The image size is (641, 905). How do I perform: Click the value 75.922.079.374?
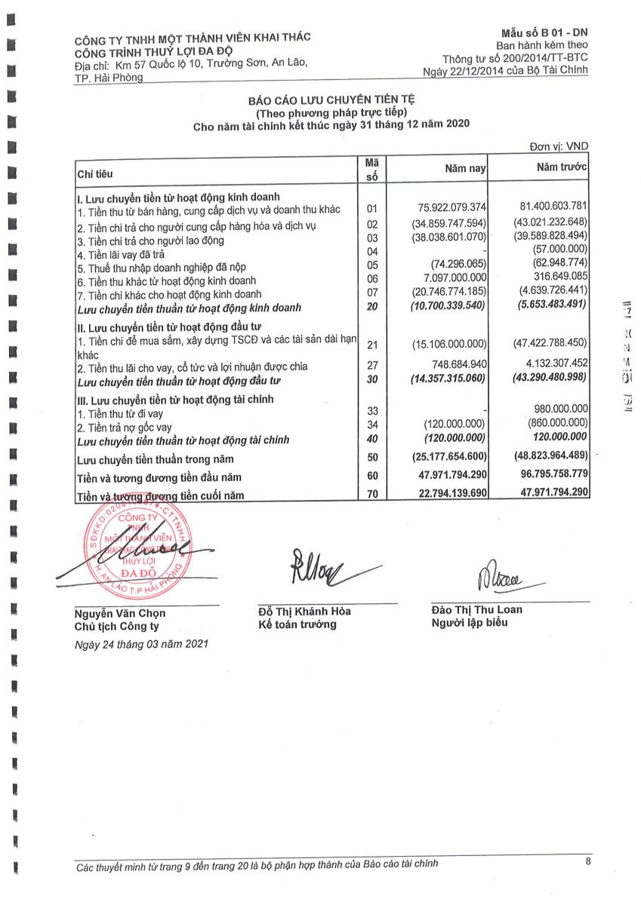pyautogui.click(x=451, y=207)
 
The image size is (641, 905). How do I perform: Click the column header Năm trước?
pyautogui.click(x=562, y=167)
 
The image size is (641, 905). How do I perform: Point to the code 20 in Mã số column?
pyautogui.click(x=371, y=307)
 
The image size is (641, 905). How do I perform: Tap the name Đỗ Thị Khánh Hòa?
pyautogui.click(x=304, y=612)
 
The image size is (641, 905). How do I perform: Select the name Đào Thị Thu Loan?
pyautogui.click(x=476, y=609)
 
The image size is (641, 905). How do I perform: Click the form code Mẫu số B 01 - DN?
pyautogui.click(x=544, y=34)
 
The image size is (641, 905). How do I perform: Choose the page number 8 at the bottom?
pyautogui.click(x=588, y=861)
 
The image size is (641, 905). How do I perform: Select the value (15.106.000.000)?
pyautogui.click(x=451, y=345)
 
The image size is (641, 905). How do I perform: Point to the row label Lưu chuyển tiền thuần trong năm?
pyautogui.click(x=156, y=459)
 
